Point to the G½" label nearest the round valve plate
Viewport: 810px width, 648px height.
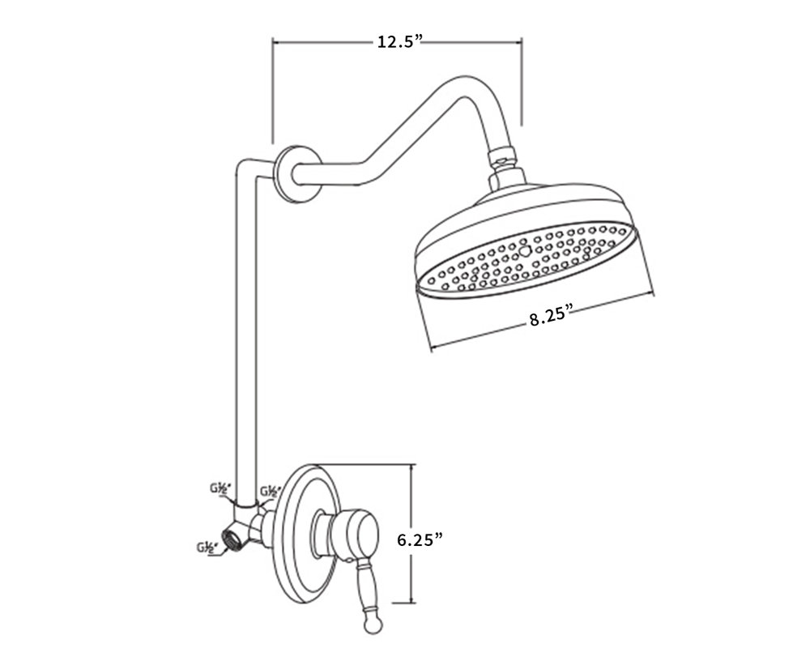point(270,491)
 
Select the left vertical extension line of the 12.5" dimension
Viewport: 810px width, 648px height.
point(273,89)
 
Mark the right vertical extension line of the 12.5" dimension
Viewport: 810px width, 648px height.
point(521,81)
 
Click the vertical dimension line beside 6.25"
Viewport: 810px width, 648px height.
point(414,535)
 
